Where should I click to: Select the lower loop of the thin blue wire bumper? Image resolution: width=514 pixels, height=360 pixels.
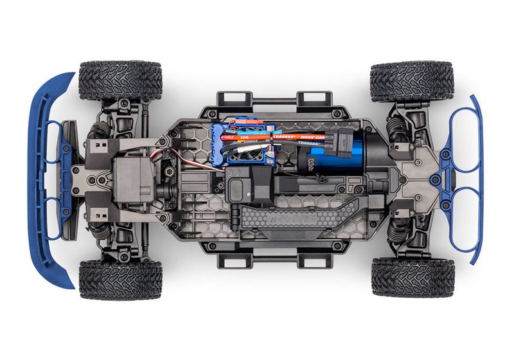pyautogui.click(x=464, y=222)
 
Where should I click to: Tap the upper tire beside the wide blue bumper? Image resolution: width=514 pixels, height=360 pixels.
pyautogui.click(x=120, y=80)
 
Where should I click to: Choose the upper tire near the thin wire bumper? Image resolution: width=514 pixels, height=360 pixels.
pyautogui.click(x=411, y=81)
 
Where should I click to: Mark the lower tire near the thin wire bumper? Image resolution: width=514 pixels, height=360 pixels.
pyautogui.click(x=411, y=277)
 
